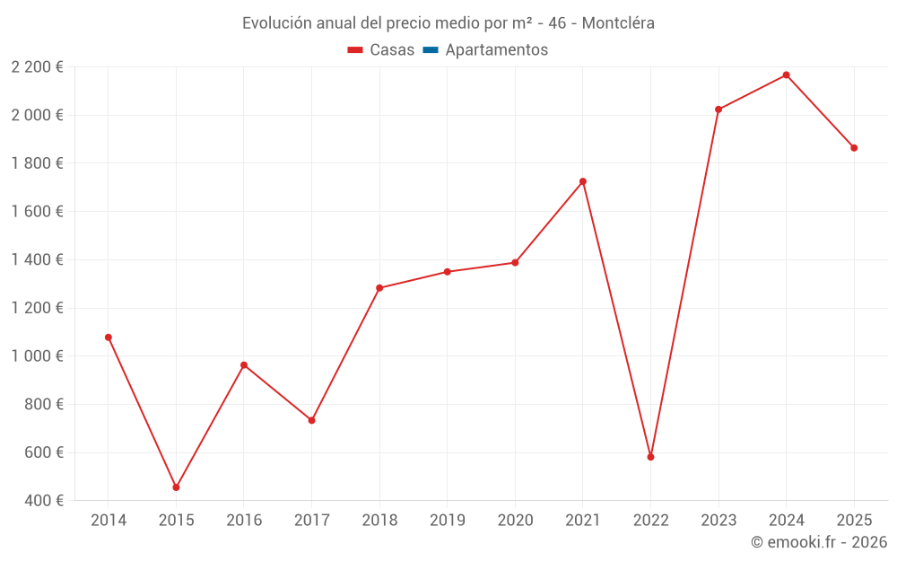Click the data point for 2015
pyautogui.click(x=176, y=487)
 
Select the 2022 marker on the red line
pyautogui.click(x=650, y=457)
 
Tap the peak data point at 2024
pyautogui.click(x=786, y=75)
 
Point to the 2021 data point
pyautogui.click(x=583, y=181)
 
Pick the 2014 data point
pyautogui.click(x=109, y=337)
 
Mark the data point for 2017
pyautogui.click(x=311, y=420)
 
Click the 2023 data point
pyautogui.click(x=718, y=110)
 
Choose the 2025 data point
pyautogui.click(x=854, y=148)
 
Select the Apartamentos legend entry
pyautogui.click(x=496, y=50)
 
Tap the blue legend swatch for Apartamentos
pyautogui.click(x=431, y=50)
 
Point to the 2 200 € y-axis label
pyautogui.click(x=37, y=67)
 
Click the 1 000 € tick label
pyautogui.click(x=37, y=356)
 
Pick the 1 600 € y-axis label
pyautogui.click(x=37, y=212)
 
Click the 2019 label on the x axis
pyautogui.click(x=447, y=521)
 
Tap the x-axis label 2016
pyautogui.click(x=244, y=521)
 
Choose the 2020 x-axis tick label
pyautogui.click(x=515, y=521)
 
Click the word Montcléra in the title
pyautogui.click(x=618, y=22)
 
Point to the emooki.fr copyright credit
pyautogui.click(x=819, y=542)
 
